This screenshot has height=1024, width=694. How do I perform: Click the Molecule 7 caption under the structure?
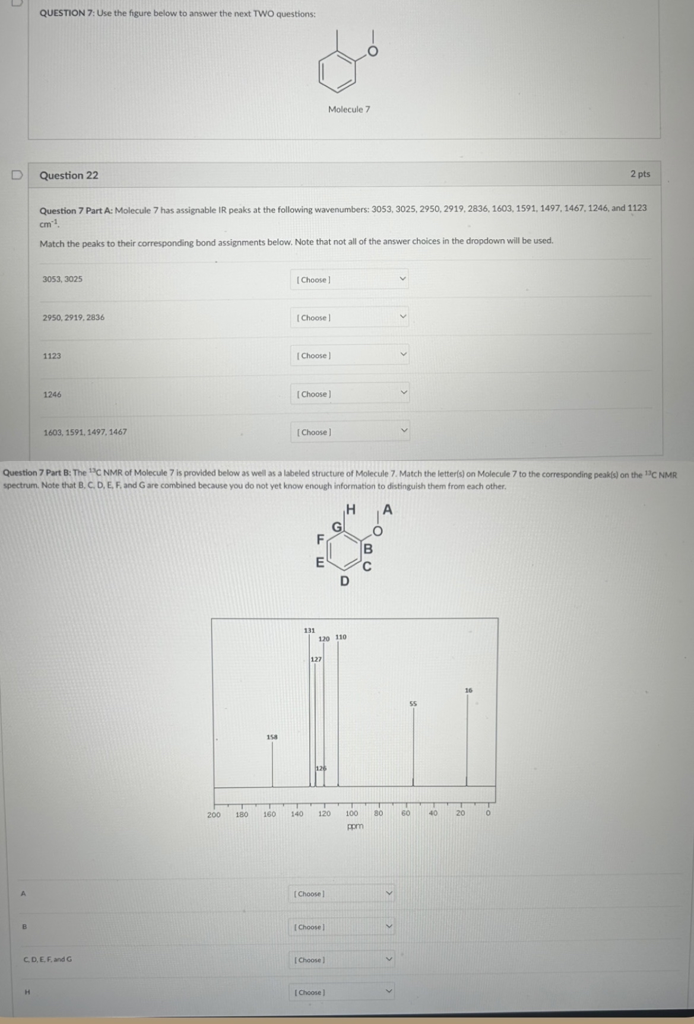[x=349, y=109]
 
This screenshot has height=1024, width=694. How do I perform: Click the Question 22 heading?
[x=69, y=175]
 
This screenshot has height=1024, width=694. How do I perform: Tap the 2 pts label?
[x=640, y=174]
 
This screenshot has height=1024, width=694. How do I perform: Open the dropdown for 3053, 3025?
[x=349, y=279]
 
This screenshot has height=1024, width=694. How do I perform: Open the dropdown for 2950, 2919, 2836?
[x=349, y=317]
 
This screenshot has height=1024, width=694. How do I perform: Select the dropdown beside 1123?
[x=349, y=355]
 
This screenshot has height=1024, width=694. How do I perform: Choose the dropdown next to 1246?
[x=349, y=394]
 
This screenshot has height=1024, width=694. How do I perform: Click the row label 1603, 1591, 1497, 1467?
[x=85, y=432]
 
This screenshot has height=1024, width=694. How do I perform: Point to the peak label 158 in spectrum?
[x=272, y=737]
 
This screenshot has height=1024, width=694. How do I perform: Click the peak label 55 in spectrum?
[x=413, y=704]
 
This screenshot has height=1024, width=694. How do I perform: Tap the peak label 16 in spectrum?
[x=468, y=690]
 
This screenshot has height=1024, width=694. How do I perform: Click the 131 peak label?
[x=309, y=630]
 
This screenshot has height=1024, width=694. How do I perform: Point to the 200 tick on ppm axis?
[x=214, y=814]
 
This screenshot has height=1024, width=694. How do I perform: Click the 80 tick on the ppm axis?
[x=378, y=814]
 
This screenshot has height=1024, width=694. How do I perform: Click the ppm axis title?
[x=355, y=826]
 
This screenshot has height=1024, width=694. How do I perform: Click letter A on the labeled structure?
[x=388, y=509]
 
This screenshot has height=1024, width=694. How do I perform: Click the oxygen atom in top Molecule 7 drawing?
[x=373, y=52]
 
